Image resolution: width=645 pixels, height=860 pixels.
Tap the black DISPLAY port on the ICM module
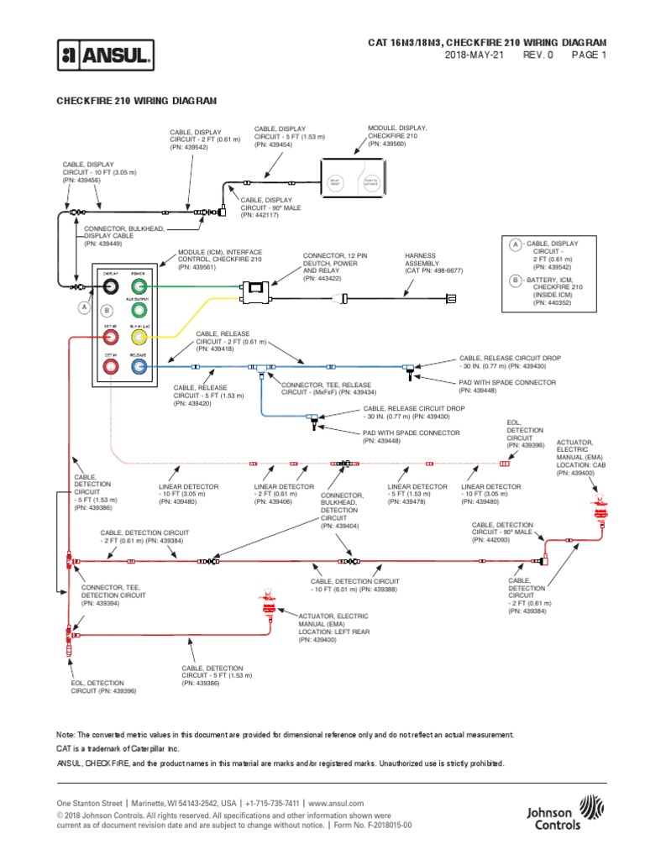(110, 287)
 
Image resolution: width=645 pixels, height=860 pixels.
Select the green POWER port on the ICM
(139, 287)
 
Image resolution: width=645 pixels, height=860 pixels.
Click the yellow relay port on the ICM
(139, 338)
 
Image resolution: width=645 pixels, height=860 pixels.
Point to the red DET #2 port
(110, 338)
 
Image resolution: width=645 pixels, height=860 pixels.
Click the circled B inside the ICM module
(106, 311)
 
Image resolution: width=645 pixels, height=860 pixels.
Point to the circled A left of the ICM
(84, 307)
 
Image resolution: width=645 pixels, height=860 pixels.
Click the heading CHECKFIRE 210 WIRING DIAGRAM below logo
(135, 100)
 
